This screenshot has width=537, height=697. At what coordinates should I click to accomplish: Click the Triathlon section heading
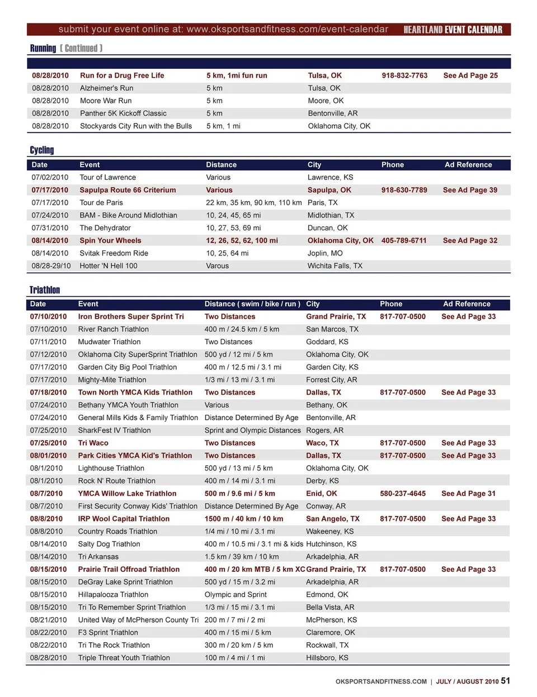tap(45, 290)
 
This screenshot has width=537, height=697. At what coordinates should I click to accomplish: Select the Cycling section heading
tap(42, 150)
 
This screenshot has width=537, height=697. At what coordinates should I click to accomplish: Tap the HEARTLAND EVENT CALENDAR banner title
tap(453, 30)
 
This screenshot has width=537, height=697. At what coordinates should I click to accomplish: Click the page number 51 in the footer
tap(505, 681)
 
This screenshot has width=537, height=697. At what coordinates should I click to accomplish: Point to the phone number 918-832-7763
tap(404, 75)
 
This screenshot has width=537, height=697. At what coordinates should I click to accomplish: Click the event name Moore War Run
tap(106, 101)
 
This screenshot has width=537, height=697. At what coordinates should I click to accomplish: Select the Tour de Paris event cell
tap(101, 202)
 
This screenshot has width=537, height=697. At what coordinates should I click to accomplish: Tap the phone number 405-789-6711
tap(404, 240)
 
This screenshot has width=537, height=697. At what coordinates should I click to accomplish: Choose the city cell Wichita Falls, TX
tap(335, 265)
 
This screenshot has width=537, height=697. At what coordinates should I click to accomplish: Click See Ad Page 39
tap(470, 190)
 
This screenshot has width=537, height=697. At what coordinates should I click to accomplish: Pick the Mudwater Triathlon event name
tap(109, 342)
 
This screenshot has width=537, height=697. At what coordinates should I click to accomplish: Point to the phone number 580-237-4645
tap(403, 494)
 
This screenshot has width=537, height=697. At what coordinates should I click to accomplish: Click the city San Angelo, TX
tap(333, 519)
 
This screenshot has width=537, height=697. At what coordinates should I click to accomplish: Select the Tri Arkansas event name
tap(98, 557)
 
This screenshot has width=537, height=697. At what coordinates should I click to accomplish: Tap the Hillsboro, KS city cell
tap(327, 658)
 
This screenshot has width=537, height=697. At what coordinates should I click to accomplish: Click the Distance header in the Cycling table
tap(221, 165)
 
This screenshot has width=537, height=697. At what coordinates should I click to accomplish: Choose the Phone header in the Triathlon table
tap(391, 304)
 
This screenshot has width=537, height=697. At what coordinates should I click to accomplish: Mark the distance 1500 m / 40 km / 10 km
tap(244, 519)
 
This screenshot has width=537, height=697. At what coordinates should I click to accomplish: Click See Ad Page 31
tap(468, 494)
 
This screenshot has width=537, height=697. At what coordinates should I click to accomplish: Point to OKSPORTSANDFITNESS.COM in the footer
tap(381, 682)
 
